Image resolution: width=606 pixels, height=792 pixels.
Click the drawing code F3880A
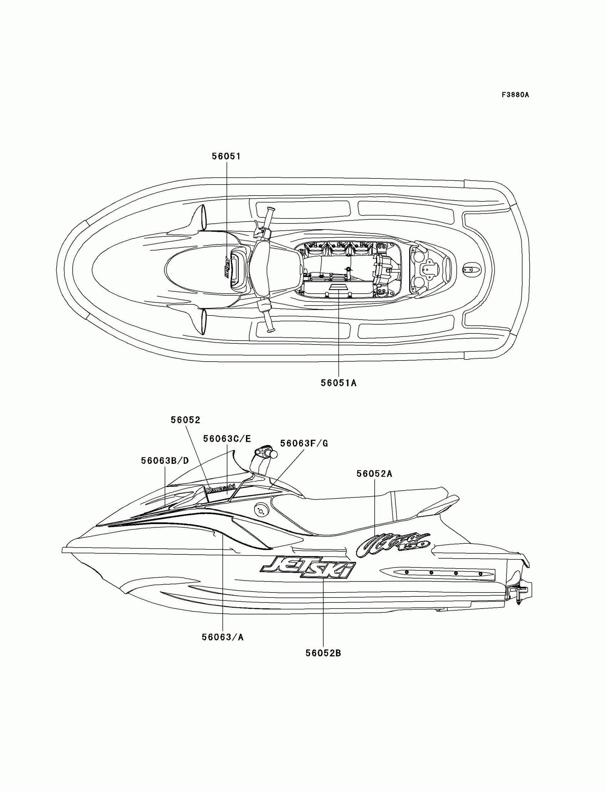(515, 95)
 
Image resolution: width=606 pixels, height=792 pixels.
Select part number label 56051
(226, 156)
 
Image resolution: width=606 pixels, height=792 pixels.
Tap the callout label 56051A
(338, 383)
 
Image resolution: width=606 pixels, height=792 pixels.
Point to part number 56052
(185, 420)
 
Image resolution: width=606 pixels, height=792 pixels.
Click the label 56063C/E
(227, 439)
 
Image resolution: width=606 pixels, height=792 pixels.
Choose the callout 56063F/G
(304, 444)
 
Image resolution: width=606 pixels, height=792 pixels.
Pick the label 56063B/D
(165, 461)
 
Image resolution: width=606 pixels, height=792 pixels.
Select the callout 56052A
(374, 474)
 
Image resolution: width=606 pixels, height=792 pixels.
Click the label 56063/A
(222, 637)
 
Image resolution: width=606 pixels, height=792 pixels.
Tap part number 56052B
(323, 653)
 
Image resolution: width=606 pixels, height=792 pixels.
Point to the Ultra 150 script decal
(393, 545)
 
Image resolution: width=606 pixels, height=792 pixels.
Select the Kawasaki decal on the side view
(220, 489)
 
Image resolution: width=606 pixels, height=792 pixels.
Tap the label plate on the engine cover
(338, 287)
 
